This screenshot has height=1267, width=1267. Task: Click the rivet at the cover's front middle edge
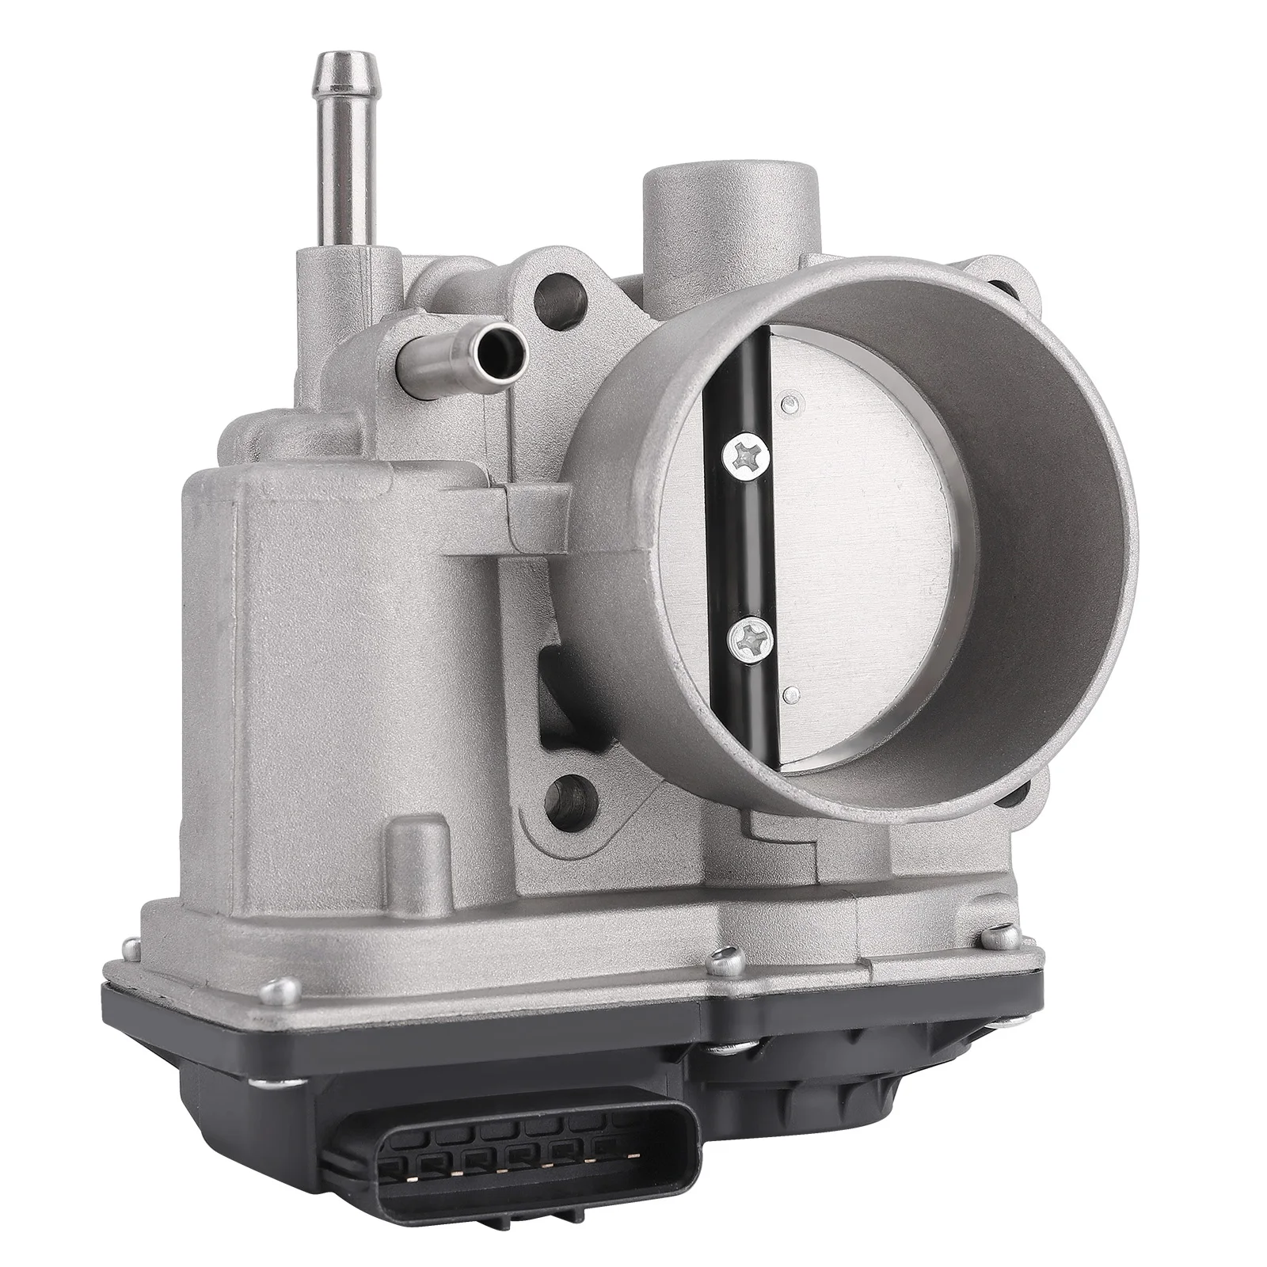(x=720, y=961)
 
